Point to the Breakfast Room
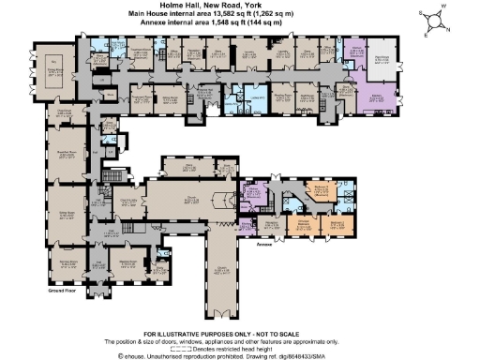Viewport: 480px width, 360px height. pos(68,157)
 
